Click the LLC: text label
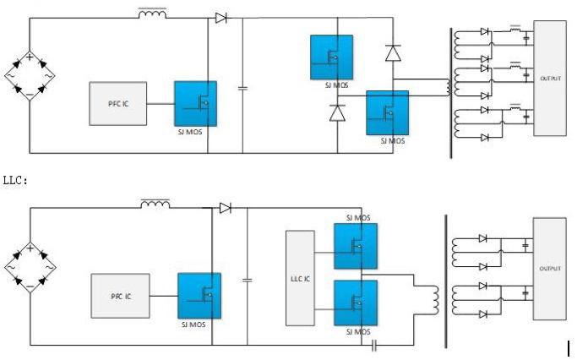[x=16, y=180]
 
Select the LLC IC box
[x=299, y=277]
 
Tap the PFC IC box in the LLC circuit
[x=121, y=296]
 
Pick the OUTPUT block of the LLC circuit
[x=551, y=270]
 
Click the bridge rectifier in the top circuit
[x=30, y=77]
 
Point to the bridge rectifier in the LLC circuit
[x=30, y=268]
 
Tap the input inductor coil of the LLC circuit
[x=155, y=204]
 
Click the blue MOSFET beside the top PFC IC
[x=195, y=102]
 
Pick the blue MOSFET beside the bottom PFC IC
[x=199, y=295]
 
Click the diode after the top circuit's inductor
[x=221, y=18]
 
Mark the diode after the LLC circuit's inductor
[x=225, y=208]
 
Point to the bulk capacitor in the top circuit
[x=243, y=86]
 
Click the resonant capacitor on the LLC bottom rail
[x=373, y=345]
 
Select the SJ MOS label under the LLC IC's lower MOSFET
[x=357, y=332]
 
